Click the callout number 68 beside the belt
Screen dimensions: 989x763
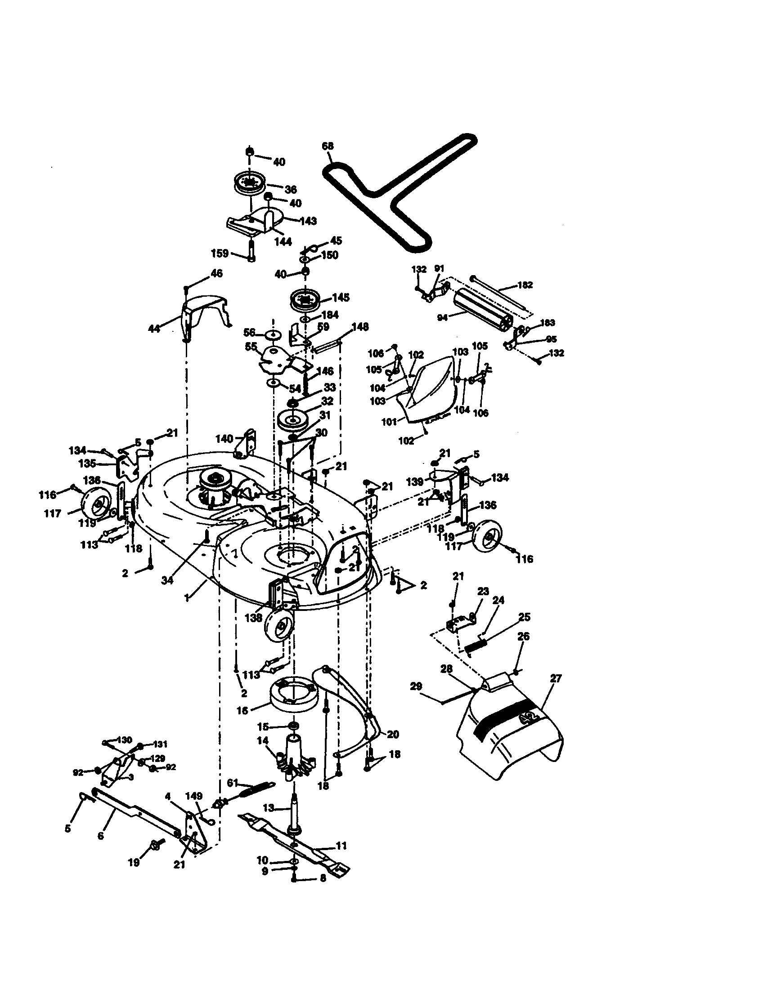coord(328,146)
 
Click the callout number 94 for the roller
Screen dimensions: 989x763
coord(442,317)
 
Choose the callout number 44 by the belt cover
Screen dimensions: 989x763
coord(154,328)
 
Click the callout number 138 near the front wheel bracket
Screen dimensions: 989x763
coord(253,617)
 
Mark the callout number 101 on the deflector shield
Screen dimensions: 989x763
coord(389,422)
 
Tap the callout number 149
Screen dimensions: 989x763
coord(194,796)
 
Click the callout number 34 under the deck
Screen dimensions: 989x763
coord(167,580)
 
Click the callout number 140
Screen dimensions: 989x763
coord(224,438)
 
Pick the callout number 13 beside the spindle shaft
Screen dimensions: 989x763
coord(269,808)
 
